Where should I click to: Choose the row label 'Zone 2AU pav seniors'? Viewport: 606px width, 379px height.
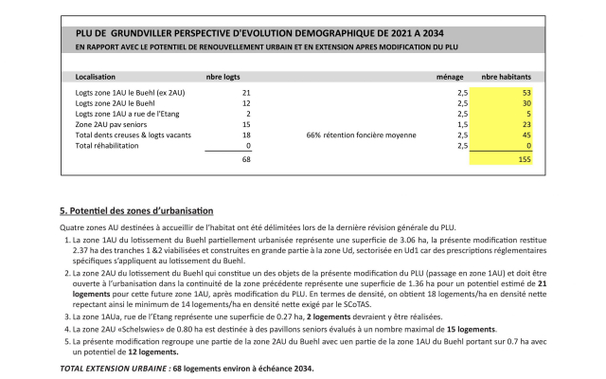tap(111, 124)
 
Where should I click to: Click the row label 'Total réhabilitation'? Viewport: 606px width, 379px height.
tap(109, 146)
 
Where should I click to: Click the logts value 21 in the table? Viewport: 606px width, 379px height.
tap(245, 92)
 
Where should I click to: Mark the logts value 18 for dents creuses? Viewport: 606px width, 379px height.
tap(245, 135)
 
